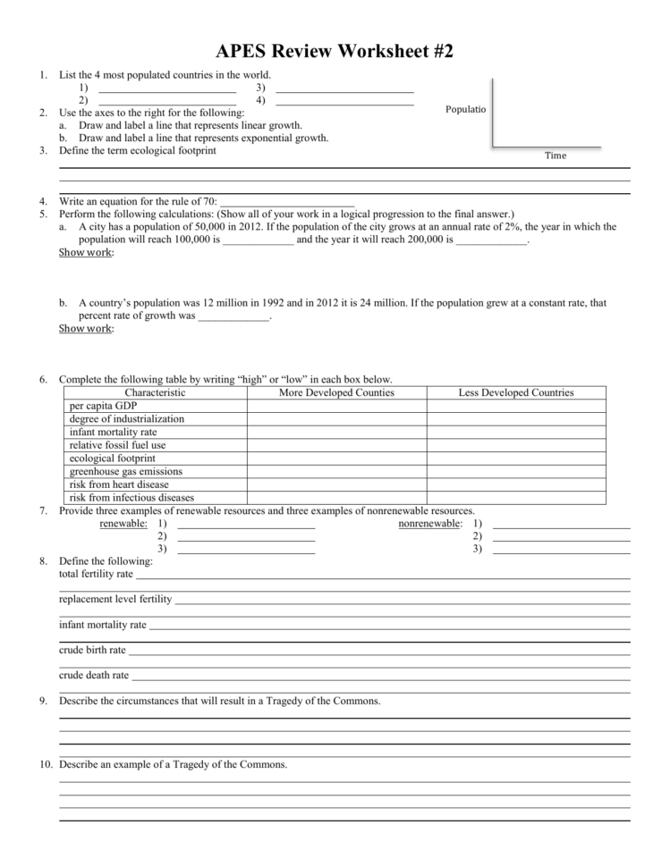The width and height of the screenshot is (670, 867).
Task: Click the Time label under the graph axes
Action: click(x=556, y=156)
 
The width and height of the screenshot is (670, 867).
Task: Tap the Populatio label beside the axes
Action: click(x=465, y=109)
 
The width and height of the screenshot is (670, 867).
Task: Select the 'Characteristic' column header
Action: click(x=155, y=392)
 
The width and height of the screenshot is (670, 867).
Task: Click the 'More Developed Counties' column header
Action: click(x=336, y=392)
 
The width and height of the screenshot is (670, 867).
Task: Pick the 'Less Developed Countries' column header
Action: click(x=516, y=392)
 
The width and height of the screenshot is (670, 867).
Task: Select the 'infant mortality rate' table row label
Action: click(x=113, y=432)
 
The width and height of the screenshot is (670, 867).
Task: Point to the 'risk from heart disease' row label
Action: click(x=119, y=484)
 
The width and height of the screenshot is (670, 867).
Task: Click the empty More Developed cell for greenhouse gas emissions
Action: click(x=336, y=471)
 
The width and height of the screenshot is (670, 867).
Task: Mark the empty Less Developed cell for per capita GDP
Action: click(x=516, y=406)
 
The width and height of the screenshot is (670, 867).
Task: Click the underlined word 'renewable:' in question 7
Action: click(x=123, y=524)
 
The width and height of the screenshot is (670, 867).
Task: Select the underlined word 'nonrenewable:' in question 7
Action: click(x=430, y=524)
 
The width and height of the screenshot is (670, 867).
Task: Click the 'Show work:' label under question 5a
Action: click(x=86, y=253)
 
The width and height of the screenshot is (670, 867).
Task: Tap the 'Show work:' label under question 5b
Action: click(x=86, y=329)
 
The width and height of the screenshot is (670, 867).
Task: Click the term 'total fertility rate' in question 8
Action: click(x=96, y=574)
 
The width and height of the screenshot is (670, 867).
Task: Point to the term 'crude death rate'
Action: click(x=94, y=675)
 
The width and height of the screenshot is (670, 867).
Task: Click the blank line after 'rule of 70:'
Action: click(x=287, y=202)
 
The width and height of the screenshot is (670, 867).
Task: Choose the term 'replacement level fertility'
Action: click(x=115, y=599)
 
